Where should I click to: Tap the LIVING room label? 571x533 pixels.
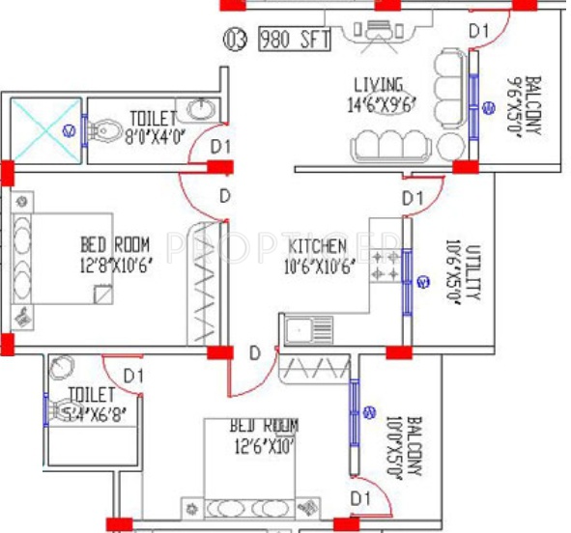tap(378, 85)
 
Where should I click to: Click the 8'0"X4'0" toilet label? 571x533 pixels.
tap(148, 136)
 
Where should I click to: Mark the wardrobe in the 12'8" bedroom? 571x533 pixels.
tap(205, 283)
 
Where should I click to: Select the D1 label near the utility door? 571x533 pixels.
tap(414, 198)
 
